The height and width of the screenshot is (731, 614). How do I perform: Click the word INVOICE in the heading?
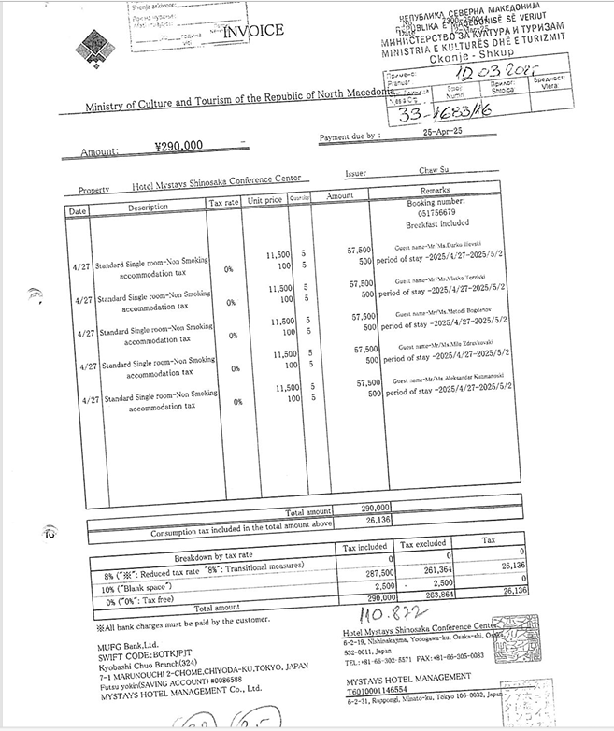[x=253, y=31]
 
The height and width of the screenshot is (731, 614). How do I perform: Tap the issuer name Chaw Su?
[x=435, y=173]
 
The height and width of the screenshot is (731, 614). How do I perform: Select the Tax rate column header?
[x=224, y=202]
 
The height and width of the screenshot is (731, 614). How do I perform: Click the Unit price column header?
[x=264, y=200]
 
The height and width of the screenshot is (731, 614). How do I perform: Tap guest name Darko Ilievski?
[x=457, y=244]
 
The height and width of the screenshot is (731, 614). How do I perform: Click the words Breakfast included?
[x=431, y=225]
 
